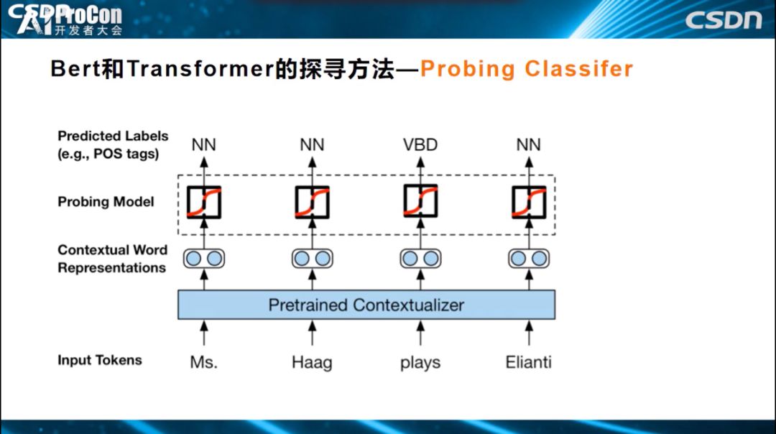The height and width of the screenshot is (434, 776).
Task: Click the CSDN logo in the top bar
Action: pyautogui.click(x=723, y=20)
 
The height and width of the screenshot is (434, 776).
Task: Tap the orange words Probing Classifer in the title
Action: pyautogui.click(x=527, y=69)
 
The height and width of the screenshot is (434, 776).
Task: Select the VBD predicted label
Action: pyautogui.click(x=420, y=145)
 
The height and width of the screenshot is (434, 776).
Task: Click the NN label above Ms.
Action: pyautogui.click(x=203, y=145)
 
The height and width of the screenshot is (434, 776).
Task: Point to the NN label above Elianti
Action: pyautogui.click(x=528, y=145)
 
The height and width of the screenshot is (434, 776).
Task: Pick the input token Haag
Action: pyautogui.click(x=312, y=361)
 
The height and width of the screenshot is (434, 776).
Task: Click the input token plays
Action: pyautogui.click(x=420, y=361)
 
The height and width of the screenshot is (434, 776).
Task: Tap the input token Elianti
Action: pyautogui.click(x=528, y=361)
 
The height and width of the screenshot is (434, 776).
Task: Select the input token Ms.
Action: pyautogui.click(x=203, y=361)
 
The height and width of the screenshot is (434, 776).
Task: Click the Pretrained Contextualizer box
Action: pyautogui.click(x=366, y=305)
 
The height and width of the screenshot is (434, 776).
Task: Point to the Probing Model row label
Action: pyautogui.click(x=106, y=202)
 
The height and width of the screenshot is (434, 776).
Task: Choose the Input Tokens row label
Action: pyautogui.click(x=100, y=360)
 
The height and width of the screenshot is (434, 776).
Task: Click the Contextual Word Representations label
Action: pyautogui.click(x=112, y=259)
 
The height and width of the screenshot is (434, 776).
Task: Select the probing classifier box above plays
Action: pyautogui.click(x=420, y=202)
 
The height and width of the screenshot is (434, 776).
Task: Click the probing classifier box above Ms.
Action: pyautogui.click(x=203, y=202)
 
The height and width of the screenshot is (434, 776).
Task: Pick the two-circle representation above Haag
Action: pyautogui.click(x=312, y=258)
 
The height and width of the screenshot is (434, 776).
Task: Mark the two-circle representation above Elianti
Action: pyautogui.click(x=528, y=258)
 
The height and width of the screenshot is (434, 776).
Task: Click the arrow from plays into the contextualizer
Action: pyautogui.click(x=420, y=333)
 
